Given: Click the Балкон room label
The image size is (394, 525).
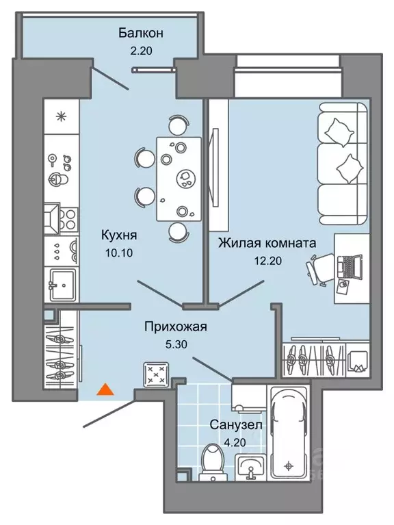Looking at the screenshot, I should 140,32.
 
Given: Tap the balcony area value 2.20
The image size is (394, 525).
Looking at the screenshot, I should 140,49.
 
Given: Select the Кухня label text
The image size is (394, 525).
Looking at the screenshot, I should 118,235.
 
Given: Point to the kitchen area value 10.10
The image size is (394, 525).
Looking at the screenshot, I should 118,251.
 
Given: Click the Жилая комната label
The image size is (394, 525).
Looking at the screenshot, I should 267,242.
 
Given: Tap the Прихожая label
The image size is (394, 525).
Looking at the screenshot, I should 175,326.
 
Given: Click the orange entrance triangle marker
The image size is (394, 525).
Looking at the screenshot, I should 104,390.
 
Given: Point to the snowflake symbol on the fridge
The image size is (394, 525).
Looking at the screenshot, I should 61,116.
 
